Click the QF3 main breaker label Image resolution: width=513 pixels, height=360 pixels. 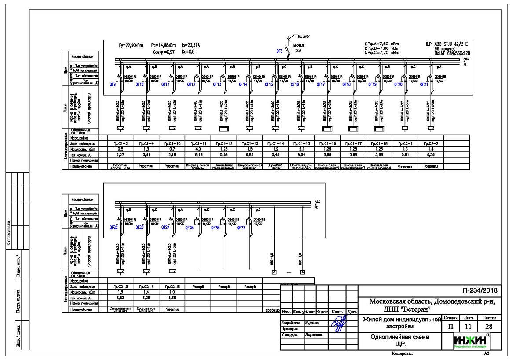point(279,51)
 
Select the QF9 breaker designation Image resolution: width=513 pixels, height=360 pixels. point(113,84)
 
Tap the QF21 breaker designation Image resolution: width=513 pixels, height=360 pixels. point(424,84)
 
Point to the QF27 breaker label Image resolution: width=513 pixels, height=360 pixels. point(241,228)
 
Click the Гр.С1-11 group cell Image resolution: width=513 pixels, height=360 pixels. point(198,144)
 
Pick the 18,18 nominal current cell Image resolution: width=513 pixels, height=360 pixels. point(198,155)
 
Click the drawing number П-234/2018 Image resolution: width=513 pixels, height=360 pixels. point(479,290)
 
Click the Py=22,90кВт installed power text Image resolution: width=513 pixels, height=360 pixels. point(131,45)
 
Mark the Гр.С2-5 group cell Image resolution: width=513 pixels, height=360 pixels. point(172,287)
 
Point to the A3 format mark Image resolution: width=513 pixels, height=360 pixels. point(487,353)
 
